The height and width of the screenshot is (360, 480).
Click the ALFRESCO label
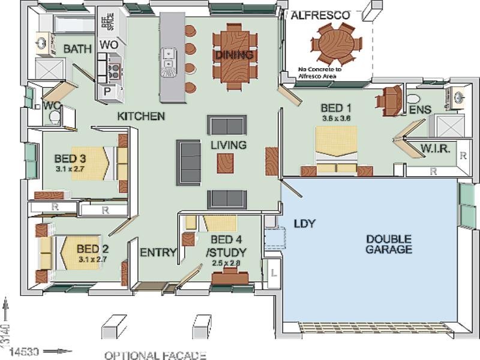(x=320, y=16)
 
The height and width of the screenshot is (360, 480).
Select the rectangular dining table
(x=235, y=55)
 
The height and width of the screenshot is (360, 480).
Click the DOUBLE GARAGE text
(x=389, y=244)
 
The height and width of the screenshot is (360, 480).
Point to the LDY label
(x=305, y=224)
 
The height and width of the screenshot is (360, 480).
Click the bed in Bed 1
(x=337, y=150)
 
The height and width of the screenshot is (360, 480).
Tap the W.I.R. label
(x=435, y=148)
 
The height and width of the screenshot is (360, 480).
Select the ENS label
(x=420, y=109)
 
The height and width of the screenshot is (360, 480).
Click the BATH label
(x=77, y=49)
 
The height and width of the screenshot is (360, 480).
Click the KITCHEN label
(x=141, y=116)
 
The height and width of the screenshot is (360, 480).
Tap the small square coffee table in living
(x=225, y=163)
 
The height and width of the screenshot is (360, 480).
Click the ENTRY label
(x=158, y=253)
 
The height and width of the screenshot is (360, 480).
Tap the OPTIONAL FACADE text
(x=155, y=355)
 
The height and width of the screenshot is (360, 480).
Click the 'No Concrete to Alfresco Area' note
(x=320, y=73)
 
